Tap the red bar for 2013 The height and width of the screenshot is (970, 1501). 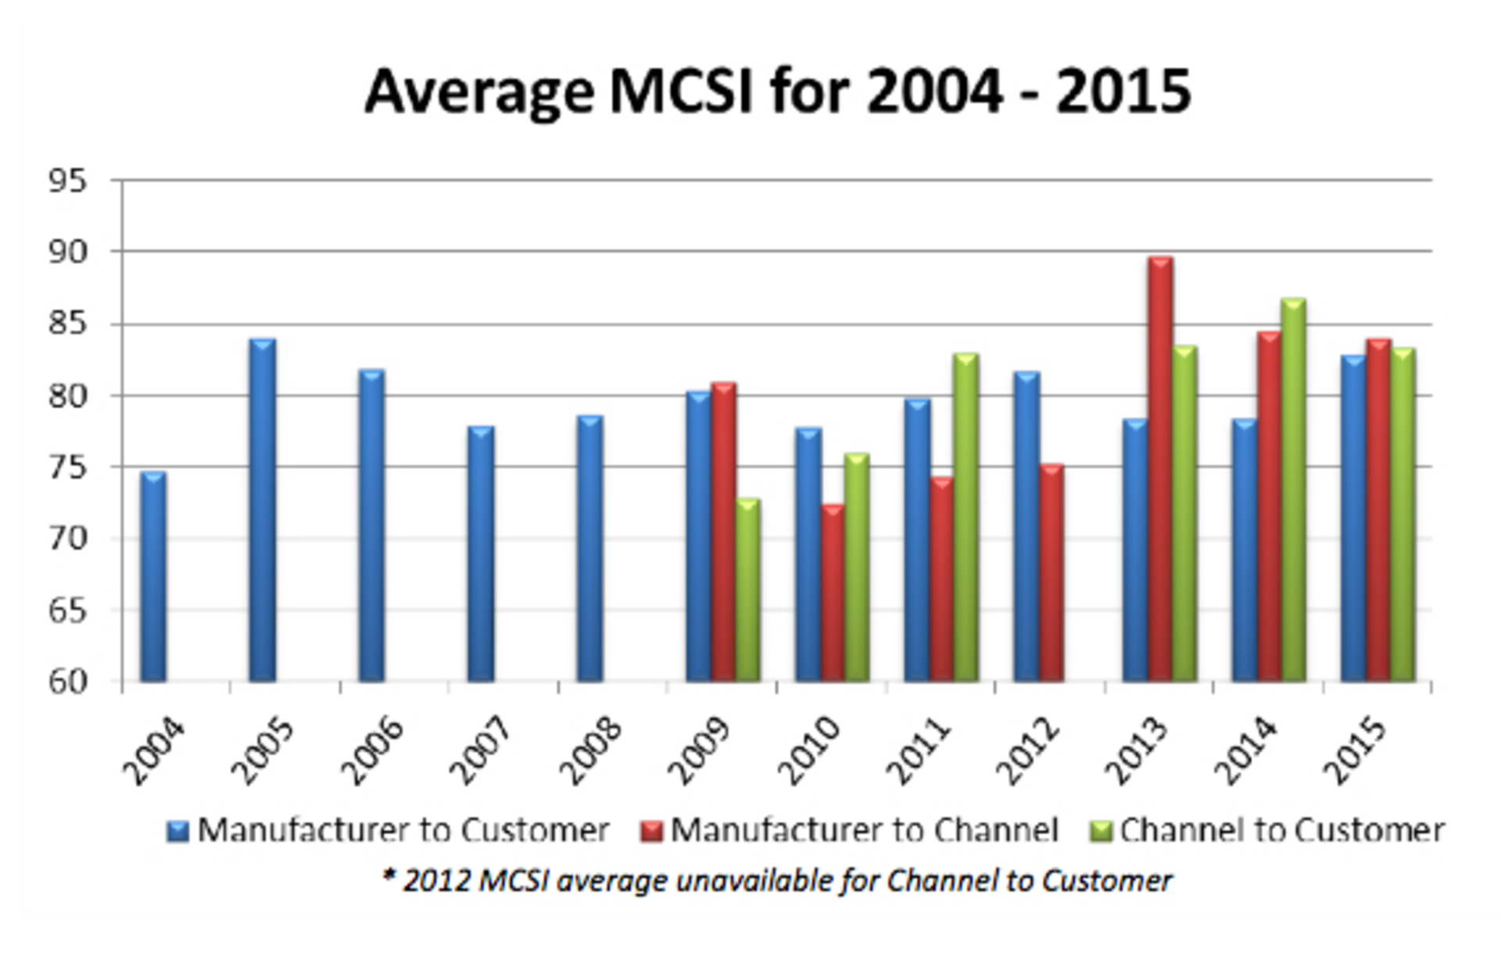pos(1160,469)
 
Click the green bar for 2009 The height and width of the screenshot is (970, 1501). pos(747,590)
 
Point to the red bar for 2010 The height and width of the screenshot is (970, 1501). pos(833,593)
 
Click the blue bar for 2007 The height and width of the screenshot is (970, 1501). pos(481,554)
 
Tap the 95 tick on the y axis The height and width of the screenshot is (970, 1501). pos(67,181)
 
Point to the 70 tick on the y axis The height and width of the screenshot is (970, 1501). pos(67,539)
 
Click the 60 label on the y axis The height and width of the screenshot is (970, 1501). pos(67,682)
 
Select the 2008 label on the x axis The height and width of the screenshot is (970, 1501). pos(593,750)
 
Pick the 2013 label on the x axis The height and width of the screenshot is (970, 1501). pos(1137,750)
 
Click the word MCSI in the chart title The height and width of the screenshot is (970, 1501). pos(680,91)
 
